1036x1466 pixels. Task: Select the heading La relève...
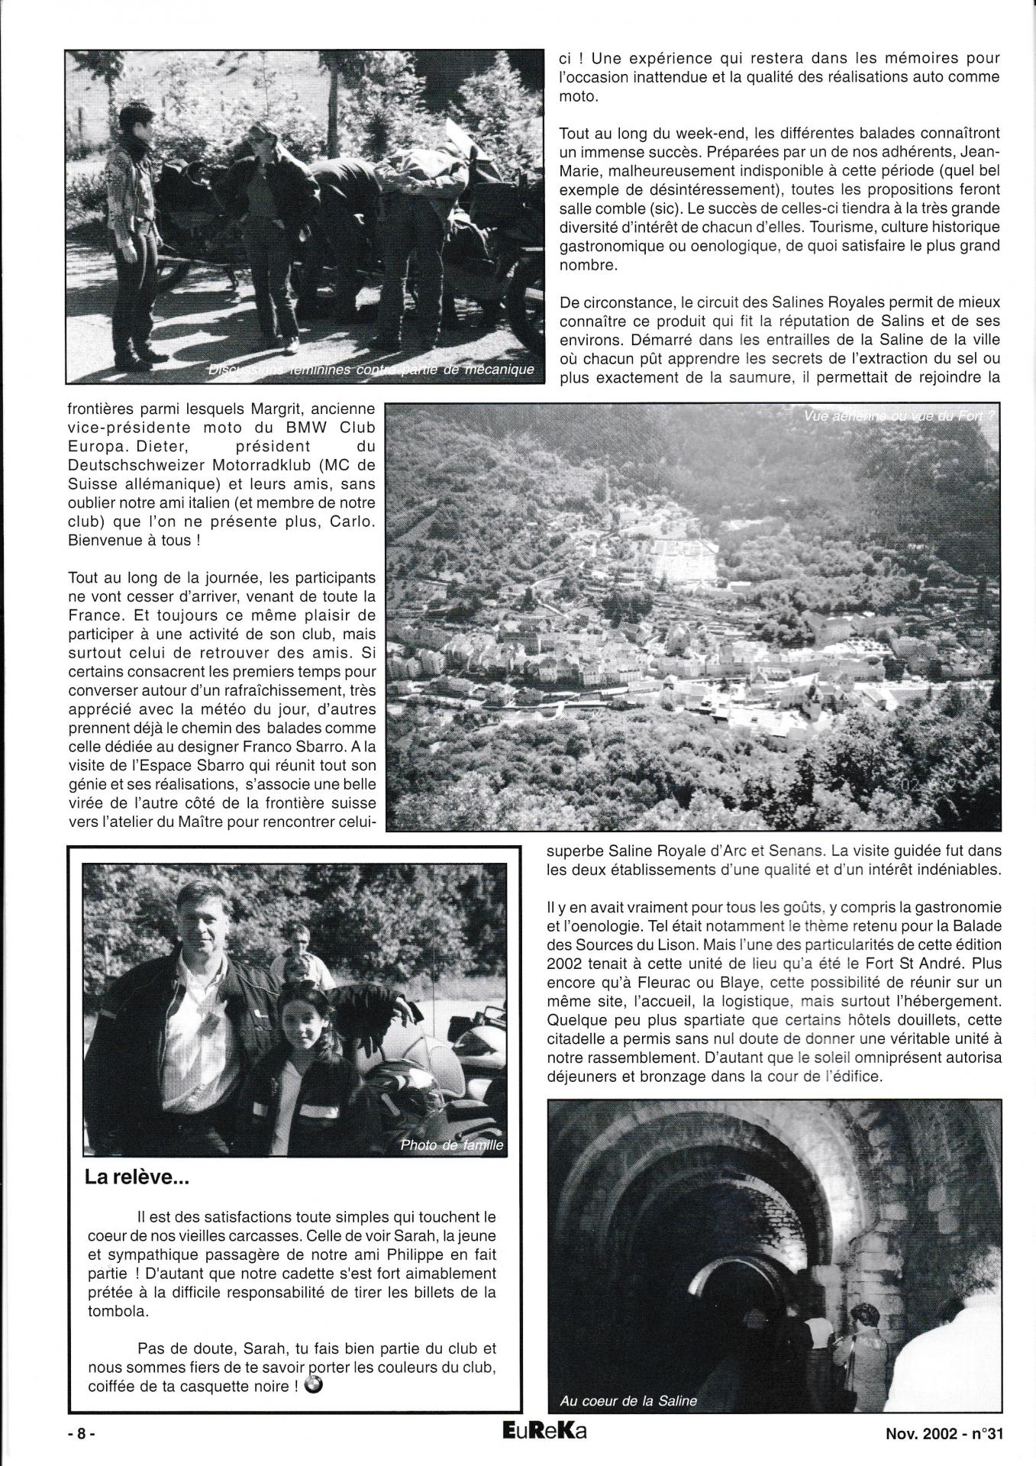137,1200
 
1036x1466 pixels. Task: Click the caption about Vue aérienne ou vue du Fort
900,416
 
